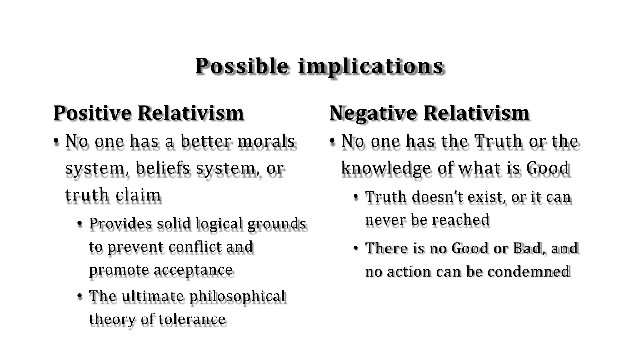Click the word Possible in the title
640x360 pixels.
242,66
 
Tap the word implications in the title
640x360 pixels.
371,66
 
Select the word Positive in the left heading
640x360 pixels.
92,113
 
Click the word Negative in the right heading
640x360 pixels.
373,113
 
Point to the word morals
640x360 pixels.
266,141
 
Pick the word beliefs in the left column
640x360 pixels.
162,168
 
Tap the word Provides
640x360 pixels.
120,224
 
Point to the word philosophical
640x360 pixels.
237,296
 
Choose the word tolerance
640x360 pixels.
192,319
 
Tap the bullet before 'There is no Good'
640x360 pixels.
356,248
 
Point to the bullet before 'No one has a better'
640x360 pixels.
56,141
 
